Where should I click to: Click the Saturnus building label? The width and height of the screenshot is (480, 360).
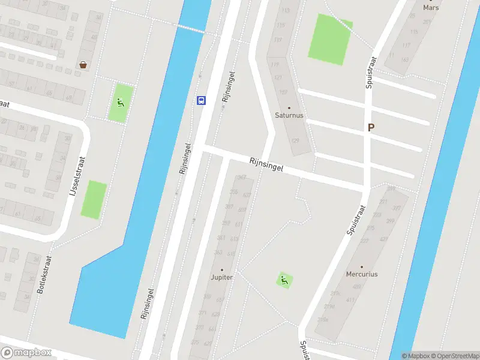(289, 115)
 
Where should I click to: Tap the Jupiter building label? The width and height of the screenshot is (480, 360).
(221, 277)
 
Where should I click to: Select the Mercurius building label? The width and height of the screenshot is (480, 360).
(362, 274)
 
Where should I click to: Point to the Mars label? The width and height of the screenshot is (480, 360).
(431, 8)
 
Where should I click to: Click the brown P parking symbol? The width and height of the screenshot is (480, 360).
(371, 127)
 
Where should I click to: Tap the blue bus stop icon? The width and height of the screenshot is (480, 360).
(202, 100)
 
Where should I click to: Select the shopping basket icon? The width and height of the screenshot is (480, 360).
(82, 64)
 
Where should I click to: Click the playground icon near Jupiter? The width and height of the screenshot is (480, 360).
(284, 279)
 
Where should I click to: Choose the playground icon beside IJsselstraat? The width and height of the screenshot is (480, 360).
(121, 102)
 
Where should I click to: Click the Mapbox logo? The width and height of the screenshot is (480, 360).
(26, 353)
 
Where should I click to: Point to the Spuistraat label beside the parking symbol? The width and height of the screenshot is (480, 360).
(370, 74)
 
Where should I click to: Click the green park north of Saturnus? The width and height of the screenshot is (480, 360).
(329, 38)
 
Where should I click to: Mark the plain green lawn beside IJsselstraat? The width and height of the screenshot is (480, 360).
(94, 200)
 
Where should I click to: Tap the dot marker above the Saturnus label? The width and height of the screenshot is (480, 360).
(289, 108)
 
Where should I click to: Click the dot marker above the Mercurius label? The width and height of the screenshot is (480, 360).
(361, 267)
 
